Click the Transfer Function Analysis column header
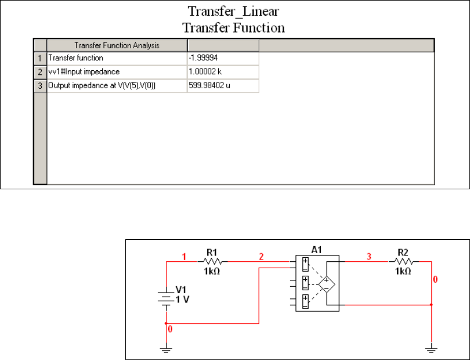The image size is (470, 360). pyautogui.click(x=117, y=45)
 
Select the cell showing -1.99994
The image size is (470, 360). pyautogui.click(x=222, y=58)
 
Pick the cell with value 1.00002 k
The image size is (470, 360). pyautogui.click(x=222, y=72)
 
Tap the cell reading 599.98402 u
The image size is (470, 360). pyautogui.click(x=222, y=86)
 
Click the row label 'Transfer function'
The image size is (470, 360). pyautogui.click(x=117, y=58)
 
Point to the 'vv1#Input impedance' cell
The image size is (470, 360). pyautogui.click(x=117, y=72)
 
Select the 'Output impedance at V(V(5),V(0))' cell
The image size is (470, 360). pyautogui.click(x=117, y=86)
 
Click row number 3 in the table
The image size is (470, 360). pyautogui.click(x=40, y=86)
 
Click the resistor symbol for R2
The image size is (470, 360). pyautogui.click(x=403, y=262)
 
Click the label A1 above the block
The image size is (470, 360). pyautogui.click(x=316, y=250)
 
